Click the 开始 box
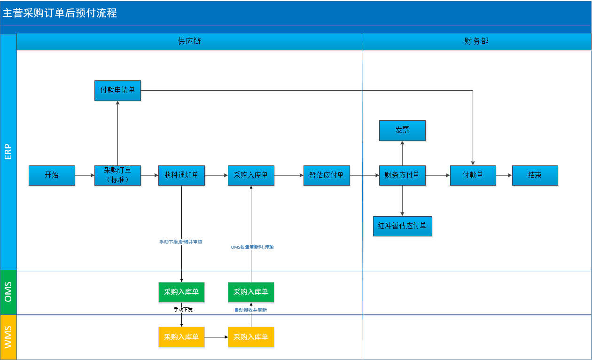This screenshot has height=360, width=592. (x=52, y=175)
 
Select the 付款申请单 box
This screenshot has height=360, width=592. (x=117, y=91)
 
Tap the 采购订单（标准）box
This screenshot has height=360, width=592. (x=117, y=175)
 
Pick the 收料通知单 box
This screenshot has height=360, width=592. (x=181, y=175)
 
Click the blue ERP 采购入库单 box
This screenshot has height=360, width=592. (x=251, y=175)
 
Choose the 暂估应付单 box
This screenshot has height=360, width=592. (x=327, y=175)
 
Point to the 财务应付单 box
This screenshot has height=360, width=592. (x=402, y=175)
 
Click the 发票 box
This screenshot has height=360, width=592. (x=402, y=131)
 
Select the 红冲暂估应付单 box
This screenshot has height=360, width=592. (x=403, y=226)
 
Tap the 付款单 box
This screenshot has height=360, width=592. (x=473, y=175)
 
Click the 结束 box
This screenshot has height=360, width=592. (x=535, y=175)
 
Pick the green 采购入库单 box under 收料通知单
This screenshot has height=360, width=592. (x=181, y=292)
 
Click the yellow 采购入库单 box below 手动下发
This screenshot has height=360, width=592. (x=181, y=337)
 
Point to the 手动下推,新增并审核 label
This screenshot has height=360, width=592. (x=181, y=242)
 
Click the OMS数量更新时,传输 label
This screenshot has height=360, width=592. (x=252, y=247)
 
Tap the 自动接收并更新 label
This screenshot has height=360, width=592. (x=250, y=310)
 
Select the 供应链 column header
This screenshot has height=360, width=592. (x=189, y=41)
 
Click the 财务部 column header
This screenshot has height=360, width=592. (x=476, y=41)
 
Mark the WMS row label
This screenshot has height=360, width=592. (x=8, y=337)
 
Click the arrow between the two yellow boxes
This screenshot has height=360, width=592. (x=217, y=337)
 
